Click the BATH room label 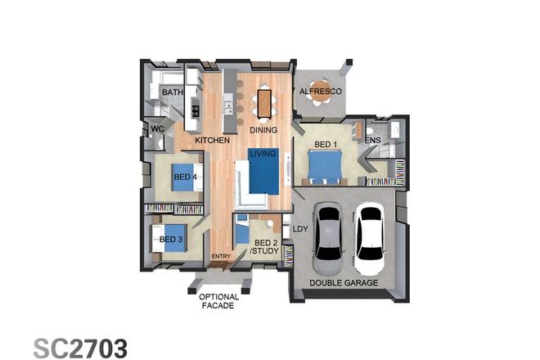click(x=172, y=93)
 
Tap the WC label click(x=157, y=128)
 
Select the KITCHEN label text click(x=212, y=141)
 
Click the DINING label click(x=264, y=129)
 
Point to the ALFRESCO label click(x=320, y=92)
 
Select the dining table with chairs click(x=264, y=103)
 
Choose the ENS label click(x=372, y=141)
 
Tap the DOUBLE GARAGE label click(x=343, y=282)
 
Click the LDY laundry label click(x=299, y=229)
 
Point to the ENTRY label click(x=221, y=257)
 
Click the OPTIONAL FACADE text click(x=219, y=301)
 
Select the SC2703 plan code click(x=80, y=347)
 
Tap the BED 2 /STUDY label click(x=265, y=248)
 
